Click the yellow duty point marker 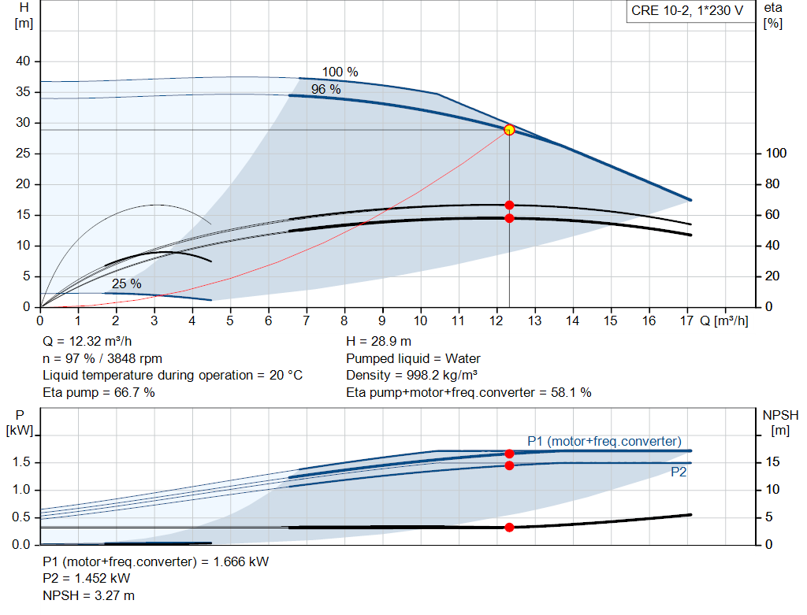point(509,130)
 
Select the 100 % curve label point(340,72)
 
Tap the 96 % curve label point(325,90)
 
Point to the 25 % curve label point(126,283)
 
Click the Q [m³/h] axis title point(723,321)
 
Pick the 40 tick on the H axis point(24,61)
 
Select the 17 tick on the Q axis point(686,321)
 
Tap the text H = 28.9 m point(379,342)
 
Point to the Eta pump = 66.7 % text point(99,392)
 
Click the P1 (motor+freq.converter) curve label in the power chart point(604,441)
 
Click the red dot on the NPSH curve point(509,527)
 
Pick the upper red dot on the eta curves point(509,205)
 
